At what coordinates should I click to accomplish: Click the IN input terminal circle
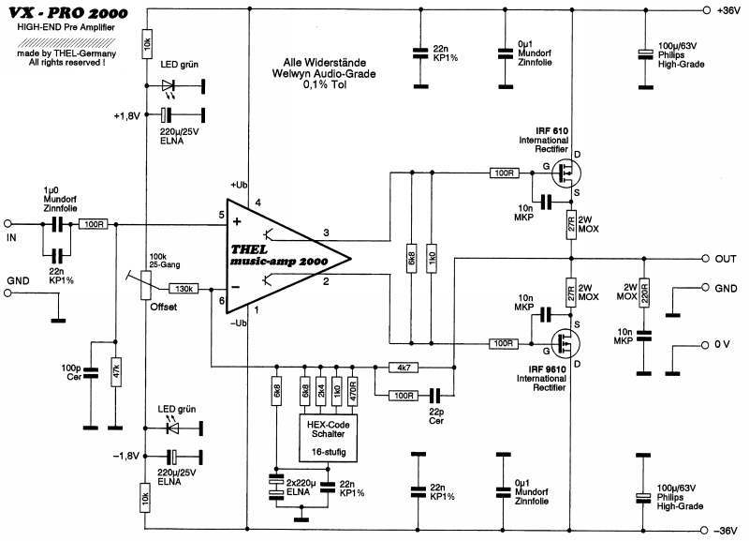click(x=9, y=223)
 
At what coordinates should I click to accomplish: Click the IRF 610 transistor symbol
click(x=564, y=173)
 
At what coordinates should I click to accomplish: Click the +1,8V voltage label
click(x=127, y=115)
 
